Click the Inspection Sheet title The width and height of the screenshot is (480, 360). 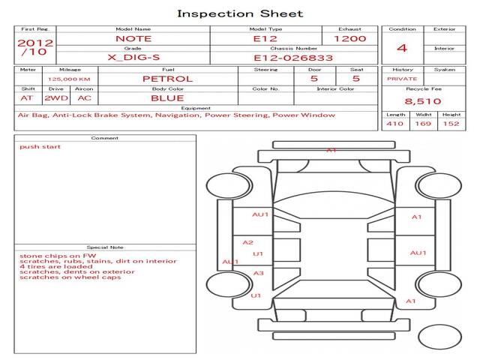[239, 13]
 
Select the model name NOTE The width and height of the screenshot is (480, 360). [133, 38]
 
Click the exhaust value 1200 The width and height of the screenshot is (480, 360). [349, 38]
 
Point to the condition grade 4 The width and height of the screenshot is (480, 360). [401, 49]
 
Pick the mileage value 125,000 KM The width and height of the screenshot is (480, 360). [69, 79]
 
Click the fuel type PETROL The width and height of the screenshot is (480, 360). [167, 79]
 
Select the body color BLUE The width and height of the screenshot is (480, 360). [167, 98]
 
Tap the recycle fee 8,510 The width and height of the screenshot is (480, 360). [422, 101]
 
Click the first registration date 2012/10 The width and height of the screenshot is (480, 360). [34, 48]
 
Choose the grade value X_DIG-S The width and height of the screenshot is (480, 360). [133, 57]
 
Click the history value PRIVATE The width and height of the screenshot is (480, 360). [402, 79]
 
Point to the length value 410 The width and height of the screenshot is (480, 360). [394, 124]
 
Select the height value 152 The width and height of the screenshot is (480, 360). [450, 124]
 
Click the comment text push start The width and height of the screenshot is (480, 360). [40, 147]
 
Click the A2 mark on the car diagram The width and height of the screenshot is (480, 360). [247, 242]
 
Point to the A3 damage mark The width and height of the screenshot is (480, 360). [257, 273]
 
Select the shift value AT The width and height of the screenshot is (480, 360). [27, 98]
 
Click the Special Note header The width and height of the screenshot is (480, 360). [104, 247]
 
